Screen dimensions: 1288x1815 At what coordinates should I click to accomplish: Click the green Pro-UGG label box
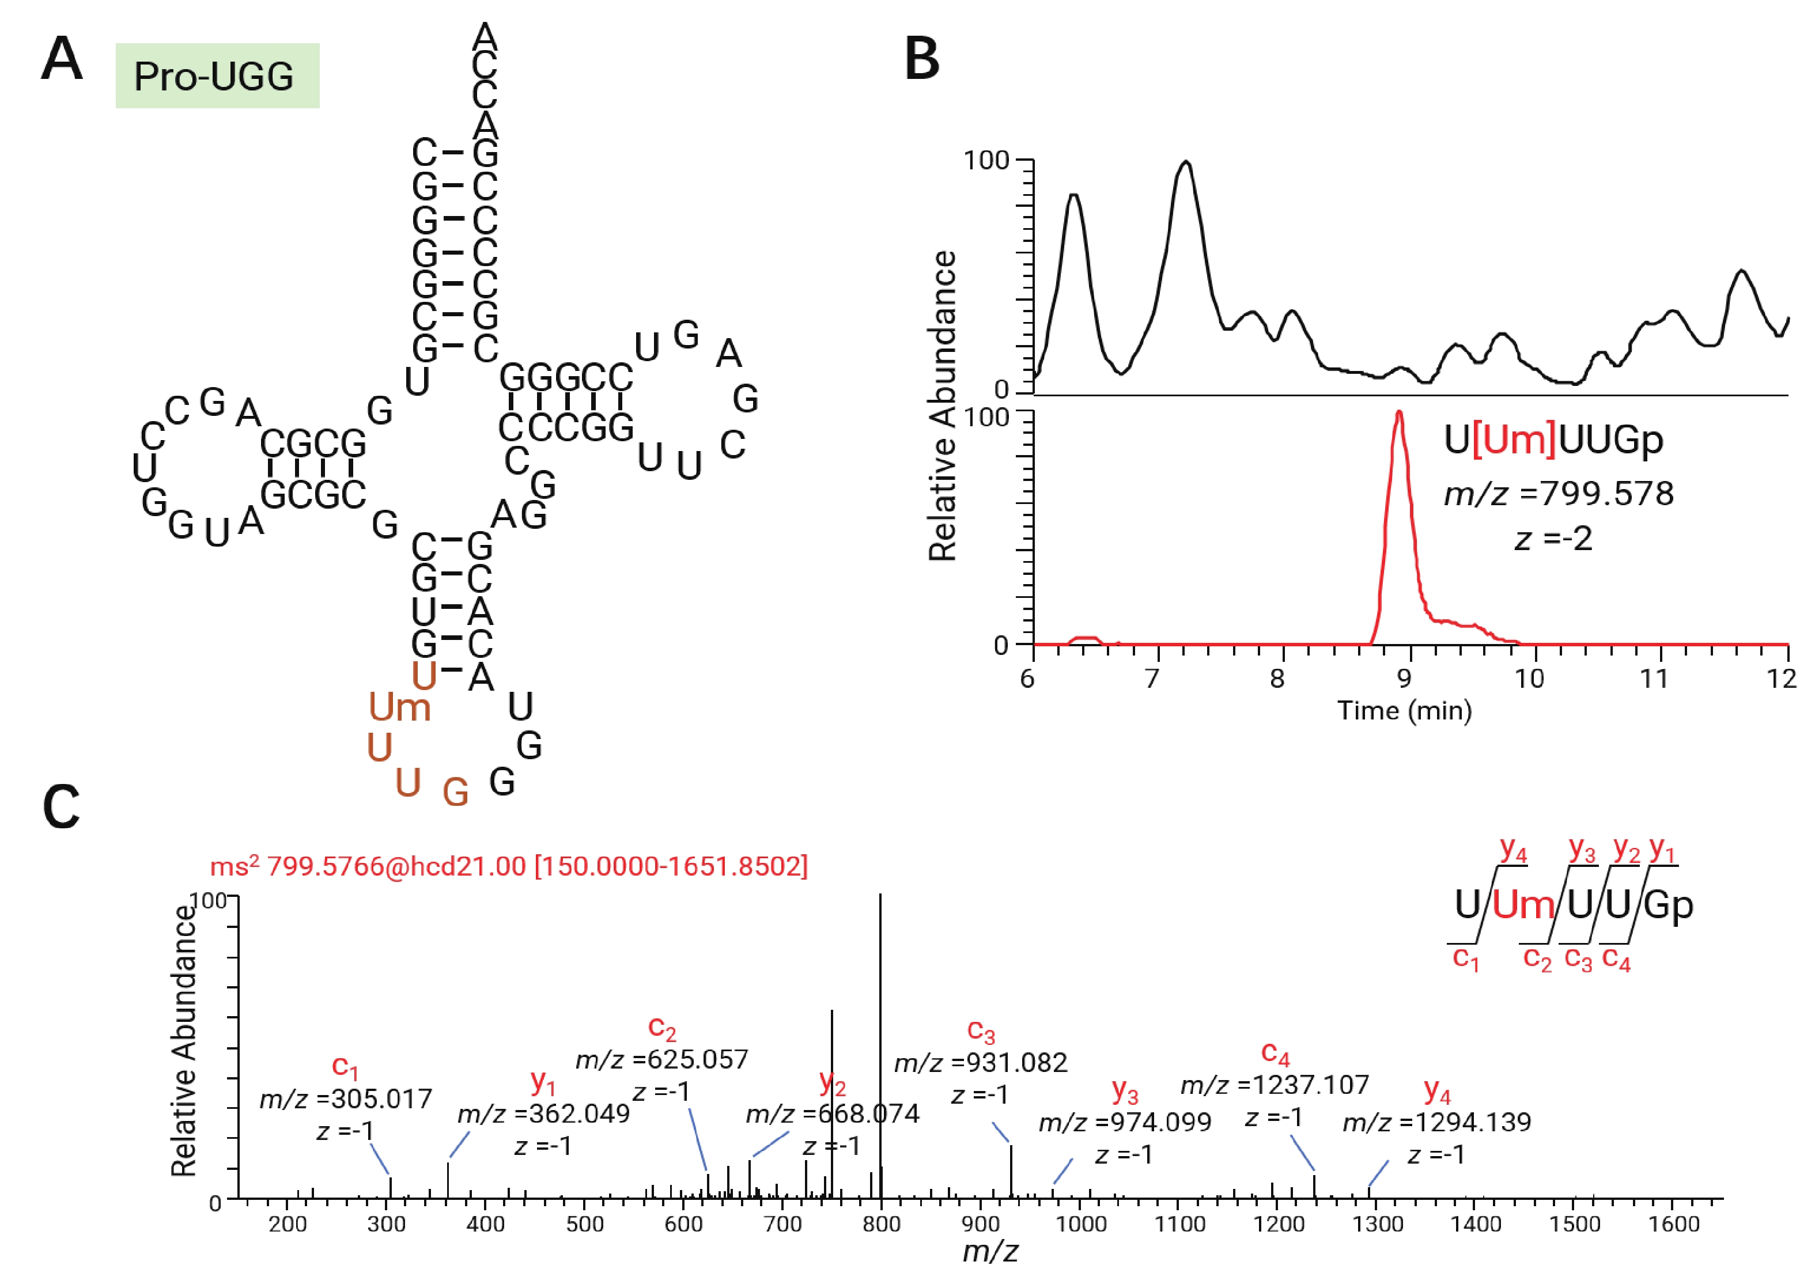(217, 76)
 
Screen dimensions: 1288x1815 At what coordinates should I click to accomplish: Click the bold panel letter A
(61, 59)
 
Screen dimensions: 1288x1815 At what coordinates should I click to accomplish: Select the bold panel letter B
(922, 59)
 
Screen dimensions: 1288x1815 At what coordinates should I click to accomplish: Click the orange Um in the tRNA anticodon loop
(399, 707)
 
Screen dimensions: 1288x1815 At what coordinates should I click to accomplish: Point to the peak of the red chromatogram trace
(1400, 412)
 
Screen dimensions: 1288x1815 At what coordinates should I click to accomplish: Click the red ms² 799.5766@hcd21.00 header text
(508, 866)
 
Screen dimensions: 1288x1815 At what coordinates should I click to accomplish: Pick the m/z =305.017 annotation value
(346, 1098)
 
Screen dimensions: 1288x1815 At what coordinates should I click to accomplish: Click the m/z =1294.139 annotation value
(1436, 1122)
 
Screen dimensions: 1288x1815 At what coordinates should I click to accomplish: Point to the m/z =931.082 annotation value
(981, 1063)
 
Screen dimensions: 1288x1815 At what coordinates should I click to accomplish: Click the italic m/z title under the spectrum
(989, 1252)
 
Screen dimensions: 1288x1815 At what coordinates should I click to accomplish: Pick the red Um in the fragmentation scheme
(1523, 905)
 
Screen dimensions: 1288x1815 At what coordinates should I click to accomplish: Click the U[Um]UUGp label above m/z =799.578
(1552, 440)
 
